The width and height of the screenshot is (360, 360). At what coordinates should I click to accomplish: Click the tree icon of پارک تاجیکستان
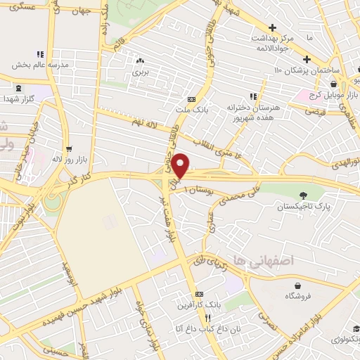pyautogui.click(x=304, y=195)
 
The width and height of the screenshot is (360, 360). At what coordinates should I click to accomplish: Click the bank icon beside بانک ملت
pyautogui.click(x=192, y=99)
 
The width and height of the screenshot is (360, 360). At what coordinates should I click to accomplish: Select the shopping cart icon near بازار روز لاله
pyautogui.click(x=68, y=149)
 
